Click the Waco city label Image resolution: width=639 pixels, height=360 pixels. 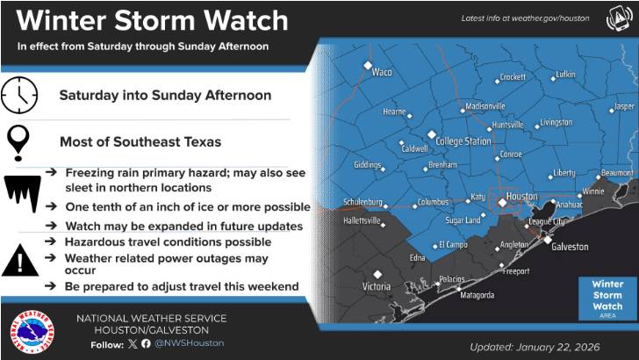(382, 72)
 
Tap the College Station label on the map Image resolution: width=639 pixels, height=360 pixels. (463, 141)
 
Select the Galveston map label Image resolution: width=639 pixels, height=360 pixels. (570, 247)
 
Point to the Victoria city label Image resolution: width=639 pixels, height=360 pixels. (377, 286)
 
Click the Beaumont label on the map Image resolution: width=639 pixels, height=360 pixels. (616, 173)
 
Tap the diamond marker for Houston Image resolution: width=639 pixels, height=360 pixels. (501, 202)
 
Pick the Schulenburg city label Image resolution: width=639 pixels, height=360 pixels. (364, 202)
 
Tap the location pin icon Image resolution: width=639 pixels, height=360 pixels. (19, 141)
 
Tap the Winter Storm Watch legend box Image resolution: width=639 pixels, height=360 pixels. (607, 296)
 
